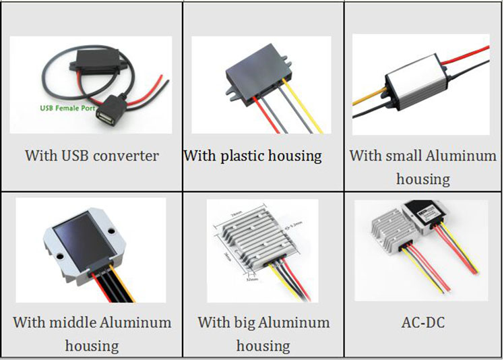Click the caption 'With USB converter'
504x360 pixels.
coord(92,156)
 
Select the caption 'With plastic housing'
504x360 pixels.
coord(253,156)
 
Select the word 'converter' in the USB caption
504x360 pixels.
coord(126,156)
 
